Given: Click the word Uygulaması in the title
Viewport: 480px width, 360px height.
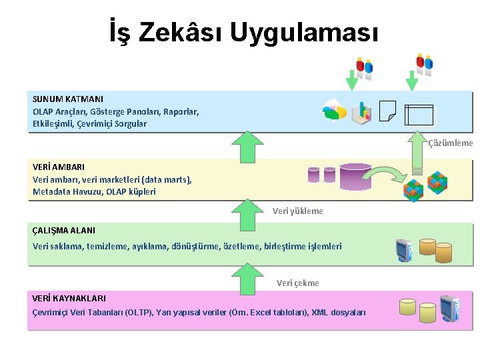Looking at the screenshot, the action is click(x=305, y=31).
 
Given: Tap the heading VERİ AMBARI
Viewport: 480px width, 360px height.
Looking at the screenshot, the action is click(x=59, y=167).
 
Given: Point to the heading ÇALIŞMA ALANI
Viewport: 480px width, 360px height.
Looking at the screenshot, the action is click(x=64, y=230).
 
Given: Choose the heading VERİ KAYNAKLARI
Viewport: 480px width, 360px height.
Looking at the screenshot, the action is click(x=69, y=298).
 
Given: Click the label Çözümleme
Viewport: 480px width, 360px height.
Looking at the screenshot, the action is click(x=451, y=143).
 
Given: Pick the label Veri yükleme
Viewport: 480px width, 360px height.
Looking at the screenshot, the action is click(x=298, y=211).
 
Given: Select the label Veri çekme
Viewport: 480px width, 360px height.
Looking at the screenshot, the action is click(x=298, y=283).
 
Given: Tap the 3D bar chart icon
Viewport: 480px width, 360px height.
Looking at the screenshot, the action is click(x=361, y=112).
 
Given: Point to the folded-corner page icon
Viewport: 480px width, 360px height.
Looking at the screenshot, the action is click(x=387, y=111).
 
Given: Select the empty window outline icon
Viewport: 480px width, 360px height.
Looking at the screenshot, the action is click(x=419, y=115).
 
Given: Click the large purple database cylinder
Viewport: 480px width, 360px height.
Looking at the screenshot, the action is click(x=355, y=176).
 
